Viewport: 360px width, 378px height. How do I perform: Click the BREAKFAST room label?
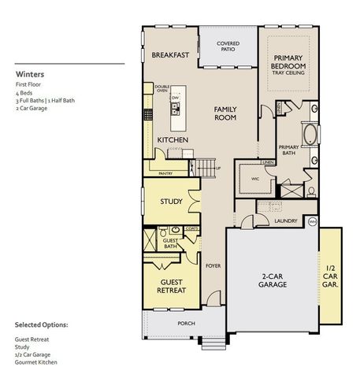tap(169, 55)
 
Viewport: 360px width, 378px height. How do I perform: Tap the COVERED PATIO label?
tap(228, 46)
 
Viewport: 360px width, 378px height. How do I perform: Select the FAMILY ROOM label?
tap(225, 113)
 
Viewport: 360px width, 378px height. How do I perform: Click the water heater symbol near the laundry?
tap(312, 221)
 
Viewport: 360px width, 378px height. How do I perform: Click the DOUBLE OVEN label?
tap(163, 89)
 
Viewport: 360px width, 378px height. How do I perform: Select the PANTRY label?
tap(165, 172)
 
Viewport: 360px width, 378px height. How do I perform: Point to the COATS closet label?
tap(191, 228)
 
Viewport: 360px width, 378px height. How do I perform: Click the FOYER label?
tap(213, 265)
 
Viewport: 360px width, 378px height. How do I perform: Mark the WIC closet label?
tap(255, 179)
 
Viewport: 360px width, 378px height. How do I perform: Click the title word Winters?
tap(29, 76)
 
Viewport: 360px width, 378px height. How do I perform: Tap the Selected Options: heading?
tap(41, 324)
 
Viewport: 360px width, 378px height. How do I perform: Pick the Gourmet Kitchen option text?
tap(36, 361)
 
